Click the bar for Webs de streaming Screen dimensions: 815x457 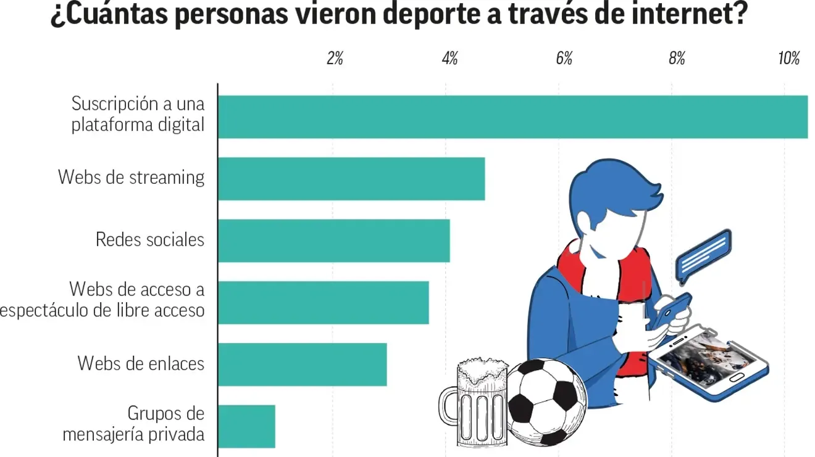pyautogui.click(x=351, y=179)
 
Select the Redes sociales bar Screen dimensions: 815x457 pyautogui.click(x=334, y=241)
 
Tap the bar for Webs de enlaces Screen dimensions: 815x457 pyautogui.click(x=303, y=364)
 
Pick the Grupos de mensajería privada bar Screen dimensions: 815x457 pyautogui.click(x=247, y=426)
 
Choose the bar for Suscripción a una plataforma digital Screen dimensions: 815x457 pyautogui.click(x=513, y=117)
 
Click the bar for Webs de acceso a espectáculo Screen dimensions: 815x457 pyautogui.click(x=324, y=302)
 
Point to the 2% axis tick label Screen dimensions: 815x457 pyautogui.click(x=335, y=58)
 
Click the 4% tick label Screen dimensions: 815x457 pyautogui.click(x=449, y=58)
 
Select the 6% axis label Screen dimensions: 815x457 pyautogui.click(x=564, y=58)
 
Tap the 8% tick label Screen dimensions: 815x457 pyautogui.click(x=677, y=58)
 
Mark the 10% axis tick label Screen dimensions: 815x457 pyautogui.click(x=789, y=58)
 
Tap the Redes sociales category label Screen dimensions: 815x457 pyautogui.click(x=150, y=239)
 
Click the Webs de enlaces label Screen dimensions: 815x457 pyautogui.click(x=141, y=363)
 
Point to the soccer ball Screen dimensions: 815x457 pyautogui.click(x=546, y=402)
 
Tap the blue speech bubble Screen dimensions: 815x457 pyautogui.click(x=703, y=256)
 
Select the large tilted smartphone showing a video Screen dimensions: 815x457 pyautogui.click(x=709, y=363)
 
